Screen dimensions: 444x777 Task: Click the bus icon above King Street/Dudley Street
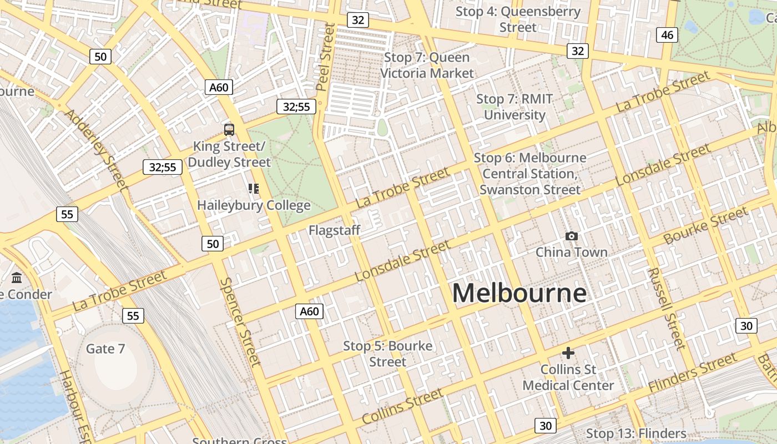[229, 130]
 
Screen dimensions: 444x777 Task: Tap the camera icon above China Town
[571, 236]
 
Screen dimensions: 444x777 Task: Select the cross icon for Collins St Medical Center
[568, 353]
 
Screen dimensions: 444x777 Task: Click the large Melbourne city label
[519, 293]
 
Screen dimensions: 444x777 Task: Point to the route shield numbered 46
[667, 35]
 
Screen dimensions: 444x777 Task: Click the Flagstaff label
[335, 230]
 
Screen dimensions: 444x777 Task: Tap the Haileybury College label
[254, 205]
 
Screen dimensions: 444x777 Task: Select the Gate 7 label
[105, 349]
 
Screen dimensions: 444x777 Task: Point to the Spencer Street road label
[240, 322]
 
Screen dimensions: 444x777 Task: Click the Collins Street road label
[402, 406]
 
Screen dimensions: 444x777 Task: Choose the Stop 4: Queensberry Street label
[518, 19]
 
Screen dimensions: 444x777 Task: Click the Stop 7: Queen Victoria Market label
[427, 65]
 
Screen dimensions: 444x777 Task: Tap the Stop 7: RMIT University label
[514, 107]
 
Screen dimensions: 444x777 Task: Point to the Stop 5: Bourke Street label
[387, 354]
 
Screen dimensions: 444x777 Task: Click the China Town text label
[571, 253]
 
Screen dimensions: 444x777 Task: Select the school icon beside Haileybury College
[254, 189]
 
